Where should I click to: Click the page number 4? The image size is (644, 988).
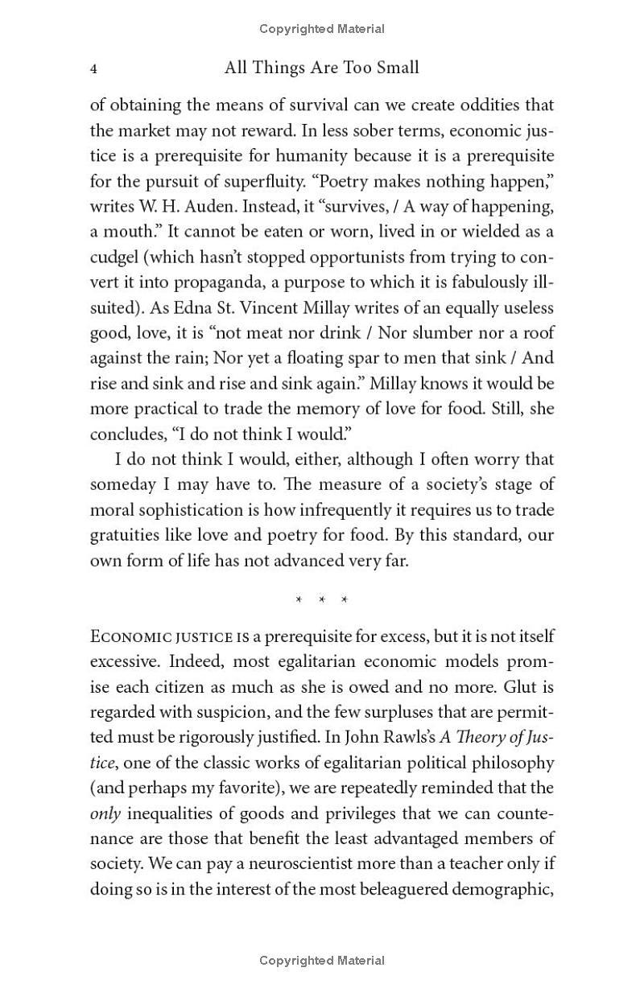tap(94, 69)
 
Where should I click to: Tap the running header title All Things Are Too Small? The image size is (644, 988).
tap(322, 68)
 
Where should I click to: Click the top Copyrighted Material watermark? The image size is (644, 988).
tap(322, 29)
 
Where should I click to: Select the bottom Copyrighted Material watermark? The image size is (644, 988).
tap(322, 960)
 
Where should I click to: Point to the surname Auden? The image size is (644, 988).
tap(187, 206)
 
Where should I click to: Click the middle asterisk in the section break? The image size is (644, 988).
tap(322, 600)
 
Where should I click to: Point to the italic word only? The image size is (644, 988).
tap(105, 813)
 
